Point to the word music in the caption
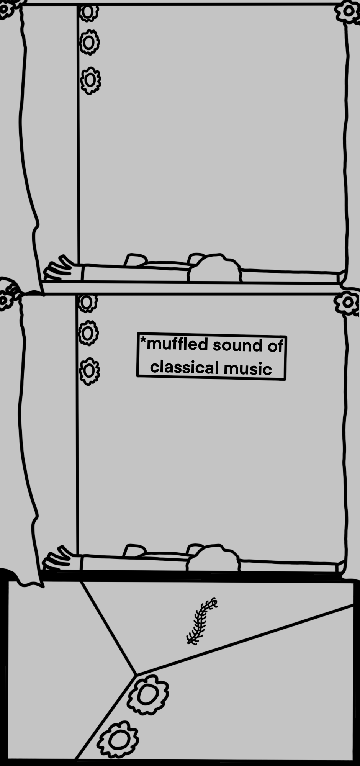248,368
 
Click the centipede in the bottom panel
201,620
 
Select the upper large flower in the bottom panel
147,695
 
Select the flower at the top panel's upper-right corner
348,11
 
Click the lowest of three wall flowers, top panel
90,80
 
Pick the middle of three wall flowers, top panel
90,42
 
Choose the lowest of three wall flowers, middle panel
89,371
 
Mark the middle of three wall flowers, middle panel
88,333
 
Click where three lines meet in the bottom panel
136,674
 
